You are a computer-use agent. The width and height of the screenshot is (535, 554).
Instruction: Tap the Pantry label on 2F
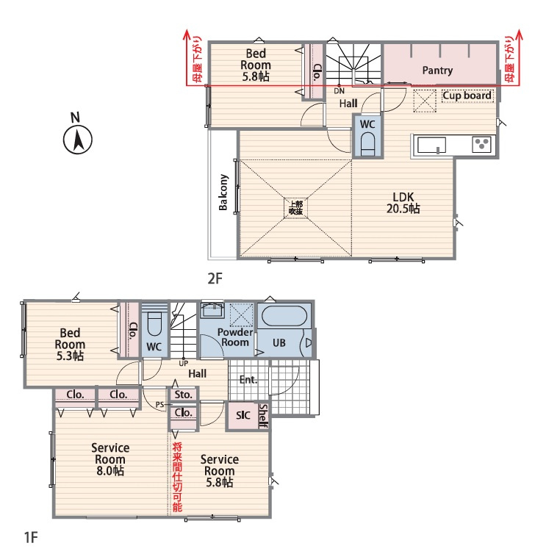coord(437,71)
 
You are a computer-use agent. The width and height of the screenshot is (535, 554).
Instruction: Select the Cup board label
coord(467,96)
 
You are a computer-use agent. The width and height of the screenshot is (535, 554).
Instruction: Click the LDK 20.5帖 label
coord(403,203)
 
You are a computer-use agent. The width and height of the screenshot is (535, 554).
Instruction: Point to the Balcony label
coord(223,192)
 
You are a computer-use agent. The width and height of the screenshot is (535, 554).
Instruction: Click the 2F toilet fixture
coord(367,144)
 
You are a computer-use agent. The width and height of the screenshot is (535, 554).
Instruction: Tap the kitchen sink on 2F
coord(431,145)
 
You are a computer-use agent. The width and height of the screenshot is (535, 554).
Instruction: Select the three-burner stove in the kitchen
coord(481,144)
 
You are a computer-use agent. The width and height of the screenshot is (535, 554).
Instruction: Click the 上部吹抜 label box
coord(295,208)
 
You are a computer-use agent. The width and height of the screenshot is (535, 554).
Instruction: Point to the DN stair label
coord(340,91)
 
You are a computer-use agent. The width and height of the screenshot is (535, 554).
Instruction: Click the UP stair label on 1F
coord(184,363)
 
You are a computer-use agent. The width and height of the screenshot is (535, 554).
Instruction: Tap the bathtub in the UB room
coord(285,315)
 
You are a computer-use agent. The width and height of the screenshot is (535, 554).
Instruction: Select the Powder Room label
coord(235,337)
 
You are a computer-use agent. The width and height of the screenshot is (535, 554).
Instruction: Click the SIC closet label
coord(243,415)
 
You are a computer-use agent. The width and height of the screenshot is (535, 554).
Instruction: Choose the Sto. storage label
coord(183,395)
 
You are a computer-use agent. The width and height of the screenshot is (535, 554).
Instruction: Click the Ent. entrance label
coord(248,380)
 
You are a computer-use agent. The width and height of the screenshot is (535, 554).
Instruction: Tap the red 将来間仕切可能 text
coord(177,477)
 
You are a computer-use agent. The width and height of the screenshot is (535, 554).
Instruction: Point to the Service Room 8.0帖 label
coord(110,459)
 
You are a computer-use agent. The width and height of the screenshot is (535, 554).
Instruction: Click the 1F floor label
coord(31,537)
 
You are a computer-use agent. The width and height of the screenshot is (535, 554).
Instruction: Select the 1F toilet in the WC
coord(154,323)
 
